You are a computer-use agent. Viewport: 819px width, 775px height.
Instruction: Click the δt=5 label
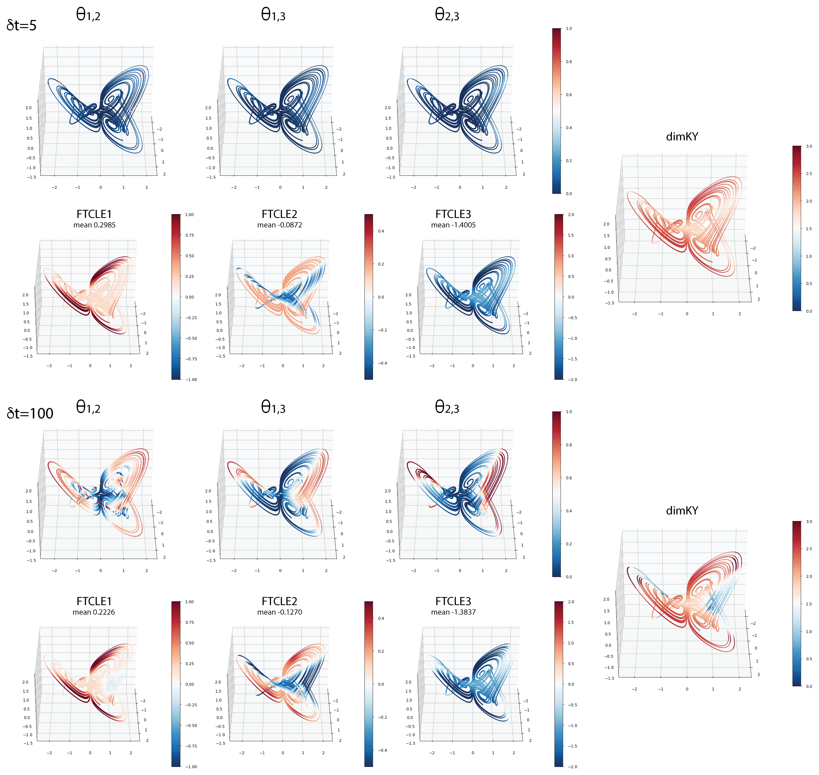pos(21,26)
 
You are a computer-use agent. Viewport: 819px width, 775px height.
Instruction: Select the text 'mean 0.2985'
pos(94,225)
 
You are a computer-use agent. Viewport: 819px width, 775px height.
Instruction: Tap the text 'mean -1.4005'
pos(453,225)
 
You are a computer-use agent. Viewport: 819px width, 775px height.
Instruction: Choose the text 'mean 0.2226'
pos(94,612)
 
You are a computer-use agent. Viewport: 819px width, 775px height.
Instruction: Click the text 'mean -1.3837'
pos(453,612)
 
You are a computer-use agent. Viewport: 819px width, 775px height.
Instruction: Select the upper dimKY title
pos(682,137)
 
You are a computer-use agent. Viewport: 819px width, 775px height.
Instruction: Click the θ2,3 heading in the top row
pos(447,15)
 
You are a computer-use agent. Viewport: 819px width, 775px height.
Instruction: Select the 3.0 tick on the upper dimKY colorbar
pos(809,146)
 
